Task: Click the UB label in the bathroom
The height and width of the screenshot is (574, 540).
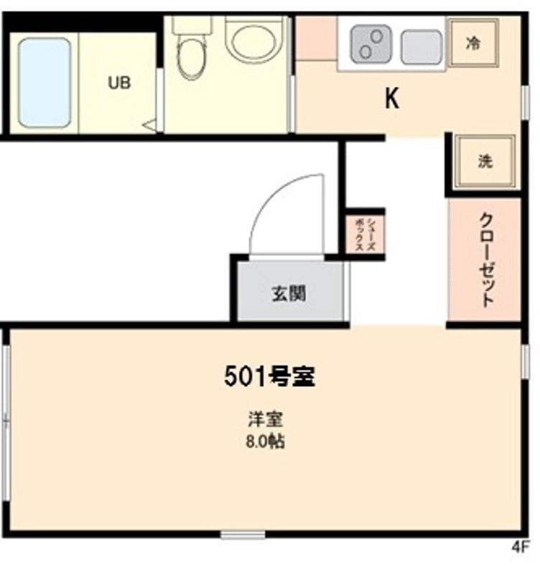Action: (119, 83)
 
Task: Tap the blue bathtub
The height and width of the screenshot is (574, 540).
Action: (45, 83)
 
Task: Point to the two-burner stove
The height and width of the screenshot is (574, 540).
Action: (371, 44)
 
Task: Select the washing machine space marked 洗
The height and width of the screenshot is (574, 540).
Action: (485, 161)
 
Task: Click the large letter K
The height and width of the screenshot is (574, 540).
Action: (392, 98)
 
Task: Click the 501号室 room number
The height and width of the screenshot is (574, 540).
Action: (269, 376)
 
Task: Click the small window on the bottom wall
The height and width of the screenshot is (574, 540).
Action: (243, 535)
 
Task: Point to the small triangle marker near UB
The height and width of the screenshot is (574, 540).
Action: (150, 126)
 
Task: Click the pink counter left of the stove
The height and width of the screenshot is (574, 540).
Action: (316, 39)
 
